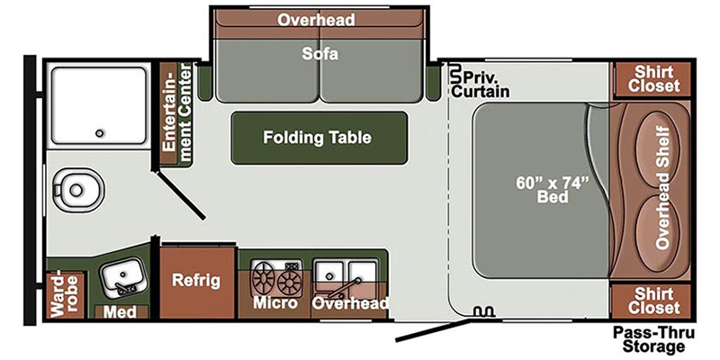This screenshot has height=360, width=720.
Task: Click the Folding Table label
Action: [317, 138]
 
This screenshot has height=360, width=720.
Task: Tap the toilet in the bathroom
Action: [77, 189]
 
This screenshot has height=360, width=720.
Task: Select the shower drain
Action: [99, 133]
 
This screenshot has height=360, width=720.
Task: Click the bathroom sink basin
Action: [121, 275]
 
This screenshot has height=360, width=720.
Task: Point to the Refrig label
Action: [196, 281]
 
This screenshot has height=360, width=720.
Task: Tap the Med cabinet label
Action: [120, 312]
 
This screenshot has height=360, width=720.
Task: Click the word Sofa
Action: [320, 54]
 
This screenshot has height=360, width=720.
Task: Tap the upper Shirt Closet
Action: [653, 79]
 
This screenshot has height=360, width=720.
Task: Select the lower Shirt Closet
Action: [653, 301]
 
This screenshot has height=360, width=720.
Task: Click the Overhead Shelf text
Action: [662, 187]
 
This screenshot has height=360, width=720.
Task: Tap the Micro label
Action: [275, 303]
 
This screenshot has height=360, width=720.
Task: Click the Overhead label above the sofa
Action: [317, 20]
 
